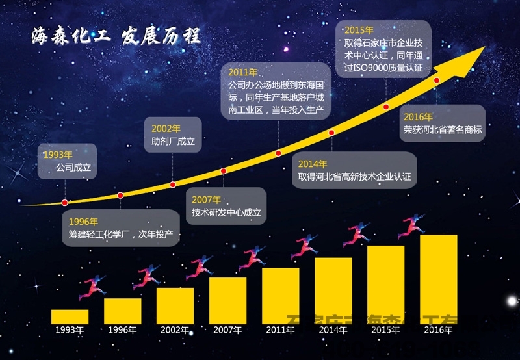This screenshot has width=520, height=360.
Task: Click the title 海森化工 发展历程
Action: pyautogui.click(x=116, y=36)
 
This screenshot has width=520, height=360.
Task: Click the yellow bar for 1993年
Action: pyautogui.click(x=70, y=316)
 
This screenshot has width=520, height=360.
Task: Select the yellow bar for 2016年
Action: pyautogui.click(x=438, y=279)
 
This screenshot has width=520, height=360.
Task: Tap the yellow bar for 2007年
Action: pyautogui.click(x=227, y=300)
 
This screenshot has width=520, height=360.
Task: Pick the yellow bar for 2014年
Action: pyautogui.click(x=333, y=290)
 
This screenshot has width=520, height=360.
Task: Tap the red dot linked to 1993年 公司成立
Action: pyautogui.click(x=64, y=202)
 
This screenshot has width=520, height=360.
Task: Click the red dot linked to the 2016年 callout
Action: pyautogui.click(x=437, y=80)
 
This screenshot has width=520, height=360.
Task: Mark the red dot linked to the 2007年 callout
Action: pyautogui.click(x=224, y=171)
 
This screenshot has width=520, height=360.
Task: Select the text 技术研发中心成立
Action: pyautogui.click(x=226, y=212)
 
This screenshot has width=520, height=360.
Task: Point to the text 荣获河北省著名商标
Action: pyautogui.click(x=443, y=129)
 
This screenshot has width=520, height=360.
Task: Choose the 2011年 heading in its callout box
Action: pyautogui.click(x=244, y=72)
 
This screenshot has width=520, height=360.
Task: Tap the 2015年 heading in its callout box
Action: pyautogui.click(x=359, y=30)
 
